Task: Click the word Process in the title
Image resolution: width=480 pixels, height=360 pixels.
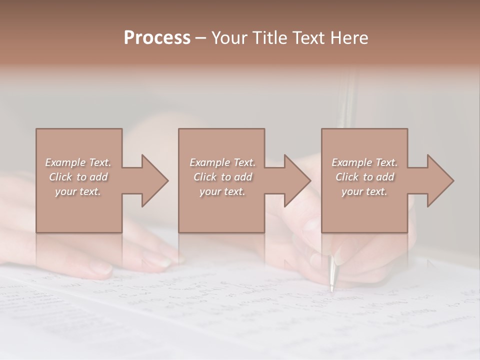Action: [x=157, y=38]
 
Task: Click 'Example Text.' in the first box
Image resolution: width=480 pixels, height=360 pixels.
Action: [x=78, y=162]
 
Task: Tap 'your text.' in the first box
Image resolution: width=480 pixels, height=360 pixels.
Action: [x=78, y=191]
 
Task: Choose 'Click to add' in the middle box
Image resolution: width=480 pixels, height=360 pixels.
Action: [x=222, y=177]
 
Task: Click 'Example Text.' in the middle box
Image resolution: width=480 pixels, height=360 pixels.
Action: [x=222, y=162]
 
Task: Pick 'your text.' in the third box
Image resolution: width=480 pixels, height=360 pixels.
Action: [x=364, y=191]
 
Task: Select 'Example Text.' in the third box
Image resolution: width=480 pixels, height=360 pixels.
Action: [x=364, y=162]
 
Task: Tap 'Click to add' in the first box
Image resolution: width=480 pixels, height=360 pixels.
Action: [x=78, y=177]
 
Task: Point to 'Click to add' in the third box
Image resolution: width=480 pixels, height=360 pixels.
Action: [x=364, y=177]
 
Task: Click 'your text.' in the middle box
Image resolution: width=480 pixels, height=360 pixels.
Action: [x=222, y=191]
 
